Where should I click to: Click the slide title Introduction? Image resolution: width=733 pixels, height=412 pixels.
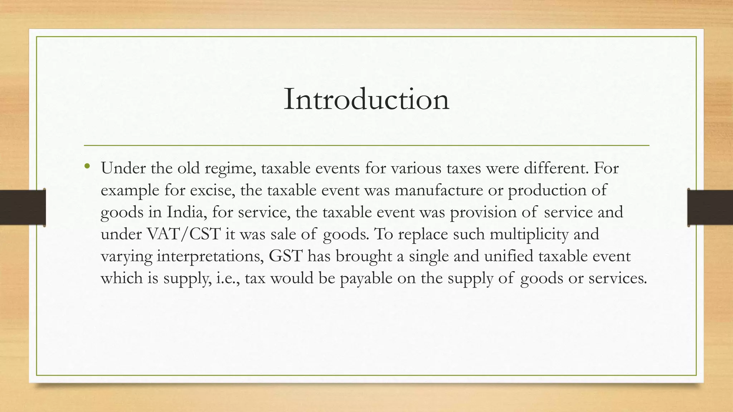(x=366, y=99)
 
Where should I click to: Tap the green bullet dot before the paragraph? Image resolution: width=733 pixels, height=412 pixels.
(x=87, y=166)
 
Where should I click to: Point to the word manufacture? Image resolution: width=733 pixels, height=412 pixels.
(x=439, y=190)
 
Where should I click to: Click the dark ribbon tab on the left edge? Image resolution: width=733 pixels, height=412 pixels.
(x=23, y=207)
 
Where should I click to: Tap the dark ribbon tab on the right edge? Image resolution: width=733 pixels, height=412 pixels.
(x=710, y=207)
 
